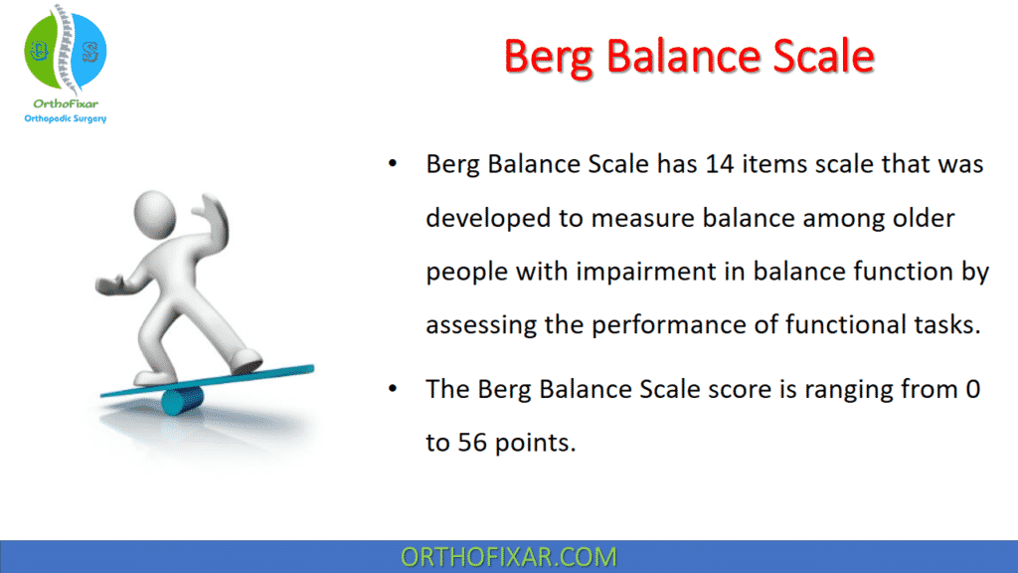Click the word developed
pos(482,218)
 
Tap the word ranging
pos(867,389)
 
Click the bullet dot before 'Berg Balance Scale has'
pos(395,164)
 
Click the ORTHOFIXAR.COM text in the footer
pos(508,557)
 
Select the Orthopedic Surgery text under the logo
pos(65,118)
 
